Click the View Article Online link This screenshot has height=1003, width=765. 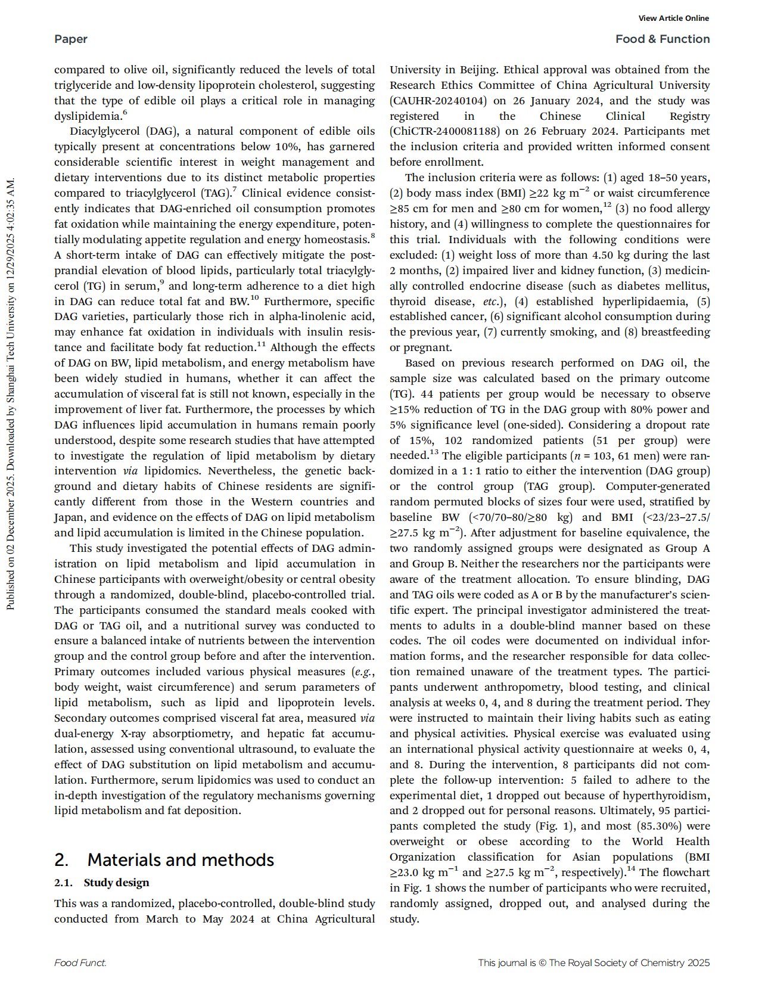click(x=673, y=18)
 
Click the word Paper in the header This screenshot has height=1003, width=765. click(x=70, y=39)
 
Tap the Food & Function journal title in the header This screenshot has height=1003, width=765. click(x=663, y=39)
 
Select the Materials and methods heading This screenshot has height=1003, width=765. click(x=164, y=860)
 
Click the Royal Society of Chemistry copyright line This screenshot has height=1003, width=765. click(x=593, y=963)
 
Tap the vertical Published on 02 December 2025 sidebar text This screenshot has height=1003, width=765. click(x=10, y=393)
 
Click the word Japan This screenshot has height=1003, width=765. click(x=69, y=518)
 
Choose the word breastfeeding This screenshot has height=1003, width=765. click(x=675, y=332)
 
